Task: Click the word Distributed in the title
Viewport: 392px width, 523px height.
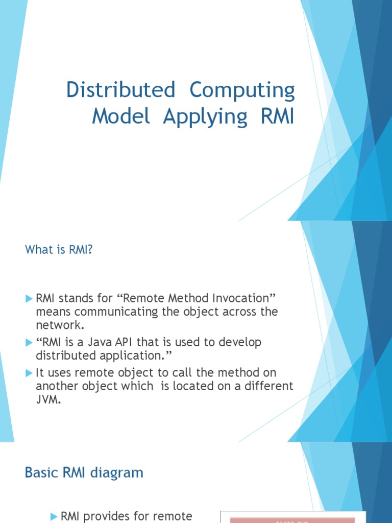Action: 120,90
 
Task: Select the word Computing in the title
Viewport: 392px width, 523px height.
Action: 242,90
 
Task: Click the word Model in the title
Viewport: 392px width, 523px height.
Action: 121,116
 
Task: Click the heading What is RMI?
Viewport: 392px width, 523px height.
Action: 59,250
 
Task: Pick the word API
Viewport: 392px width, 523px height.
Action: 142,342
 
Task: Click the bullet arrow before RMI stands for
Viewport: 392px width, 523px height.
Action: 29,298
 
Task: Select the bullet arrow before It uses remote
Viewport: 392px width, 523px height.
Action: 29,373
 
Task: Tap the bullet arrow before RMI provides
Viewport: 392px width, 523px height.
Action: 54,517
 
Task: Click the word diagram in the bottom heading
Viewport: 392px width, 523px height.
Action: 118,473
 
